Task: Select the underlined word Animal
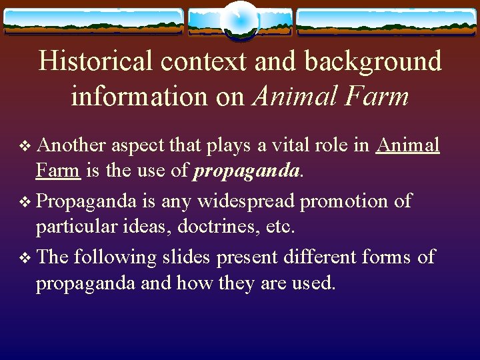408,145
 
